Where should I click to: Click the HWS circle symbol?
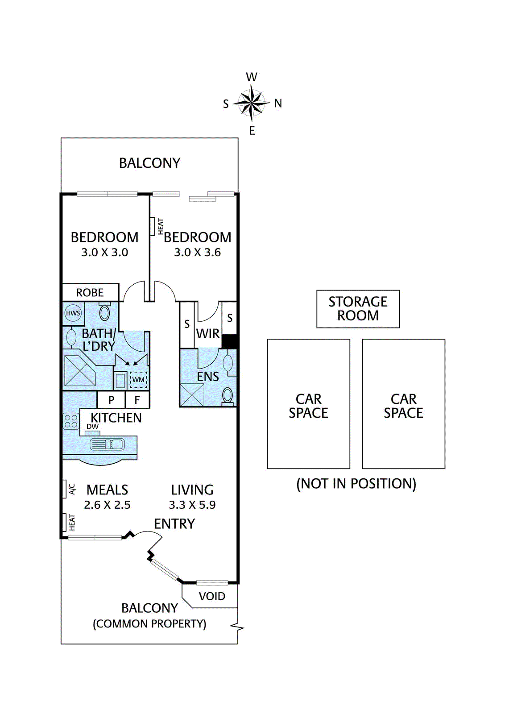[x=73, y=313]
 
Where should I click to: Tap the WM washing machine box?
[x=138, y=380]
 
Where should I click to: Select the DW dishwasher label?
[x=92, y=427]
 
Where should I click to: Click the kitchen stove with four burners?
[x=71, y=421]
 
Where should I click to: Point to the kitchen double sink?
[x=107, y=444]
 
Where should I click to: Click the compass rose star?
[x=252, y=103]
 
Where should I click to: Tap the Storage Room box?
[x=358, y=309]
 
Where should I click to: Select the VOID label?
[x=212, y=596]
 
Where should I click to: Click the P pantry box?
[x=111, y=400]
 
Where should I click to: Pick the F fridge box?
[x=137, y=400]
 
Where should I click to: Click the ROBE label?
[x=90, y=293]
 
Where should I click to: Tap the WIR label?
[x=208, y=333]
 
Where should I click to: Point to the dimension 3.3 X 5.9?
[x=192, y=505]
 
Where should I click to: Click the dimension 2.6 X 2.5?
[x=107, y=505]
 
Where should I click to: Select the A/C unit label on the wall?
[x=72, y=489]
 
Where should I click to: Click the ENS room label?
[x=208, y=377]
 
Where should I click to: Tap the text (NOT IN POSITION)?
[x=356, y=484]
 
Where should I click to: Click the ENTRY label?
[x=174, y=524]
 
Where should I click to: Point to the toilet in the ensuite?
[x=228, y=396]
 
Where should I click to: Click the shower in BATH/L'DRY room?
[x=80, y=371]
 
